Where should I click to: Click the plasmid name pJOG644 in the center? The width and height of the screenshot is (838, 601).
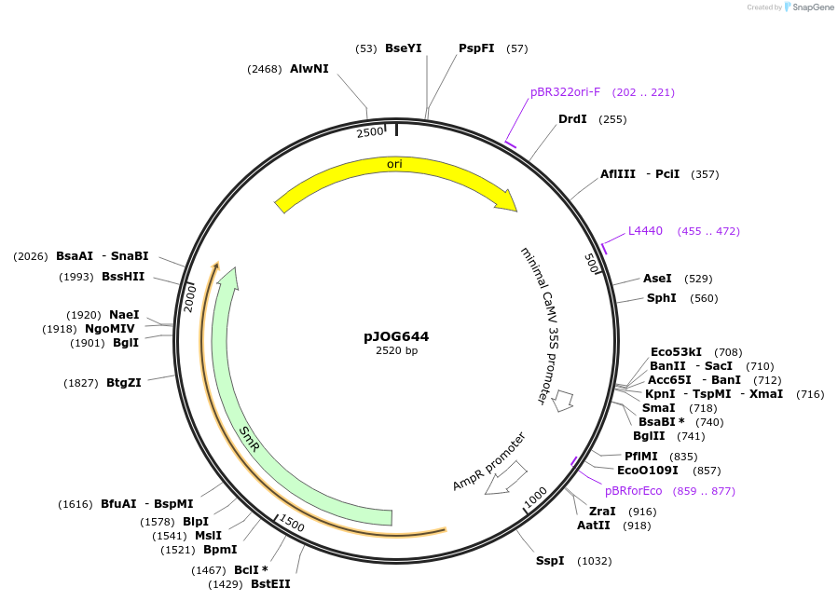pos(396,336)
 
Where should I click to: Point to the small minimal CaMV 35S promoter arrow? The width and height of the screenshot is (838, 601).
pos(562,401)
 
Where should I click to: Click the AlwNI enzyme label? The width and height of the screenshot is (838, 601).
pos(309,69)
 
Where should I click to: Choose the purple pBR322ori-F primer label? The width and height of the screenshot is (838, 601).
pos(565,92)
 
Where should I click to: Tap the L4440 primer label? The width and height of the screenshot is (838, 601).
pos(645,231)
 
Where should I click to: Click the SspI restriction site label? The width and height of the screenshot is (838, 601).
pos(549,561)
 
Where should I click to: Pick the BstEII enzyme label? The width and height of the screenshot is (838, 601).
pos(270,584)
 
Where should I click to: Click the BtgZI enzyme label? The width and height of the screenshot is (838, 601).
pos(123,383)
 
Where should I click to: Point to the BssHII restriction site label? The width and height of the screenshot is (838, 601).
pos(123,277)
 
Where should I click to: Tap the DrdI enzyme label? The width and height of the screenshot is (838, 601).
pos(572,119)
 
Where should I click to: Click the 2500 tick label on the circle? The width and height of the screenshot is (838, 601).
pos(370,132)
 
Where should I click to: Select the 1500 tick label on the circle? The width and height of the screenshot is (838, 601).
pos(292,524)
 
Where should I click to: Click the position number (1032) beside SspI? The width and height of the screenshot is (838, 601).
pos(595,561)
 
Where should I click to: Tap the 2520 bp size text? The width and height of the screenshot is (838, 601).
pos(396,351)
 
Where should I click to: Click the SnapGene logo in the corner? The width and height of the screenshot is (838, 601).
pos(807,7)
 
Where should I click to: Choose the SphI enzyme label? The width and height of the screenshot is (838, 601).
pos(663,298)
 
